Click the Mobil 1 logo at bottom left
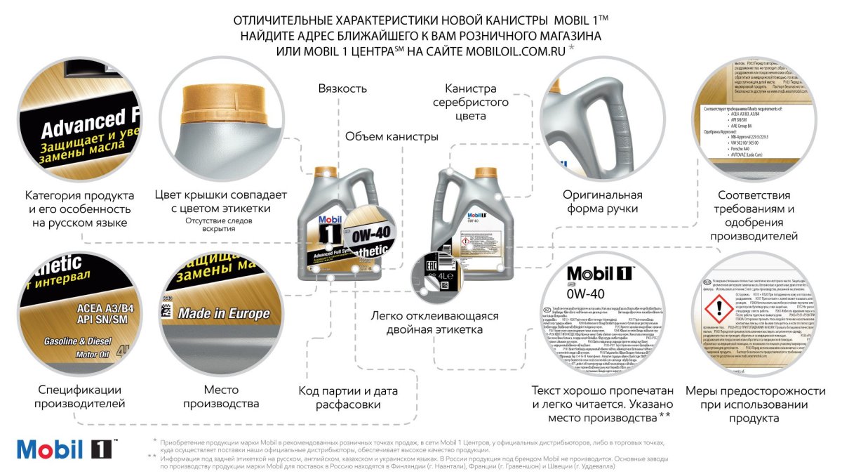click(x=67, y=449)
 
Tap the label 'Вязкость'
click(x=342, y=89)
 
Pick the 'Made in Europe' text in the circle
click(x=224, y=314)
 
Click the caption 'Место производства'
click(x=221, y=397)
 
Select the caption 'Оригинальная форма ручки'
click(x=603, y=202)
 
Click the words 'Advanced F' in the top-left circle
click(x=83, y=125)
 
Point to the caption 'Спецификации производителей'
click(x=77, y=397)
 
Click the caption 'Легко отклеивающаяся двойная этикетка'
click(x=435, y=322)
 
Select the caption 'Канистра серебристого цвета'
click(x=470, y=103)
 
